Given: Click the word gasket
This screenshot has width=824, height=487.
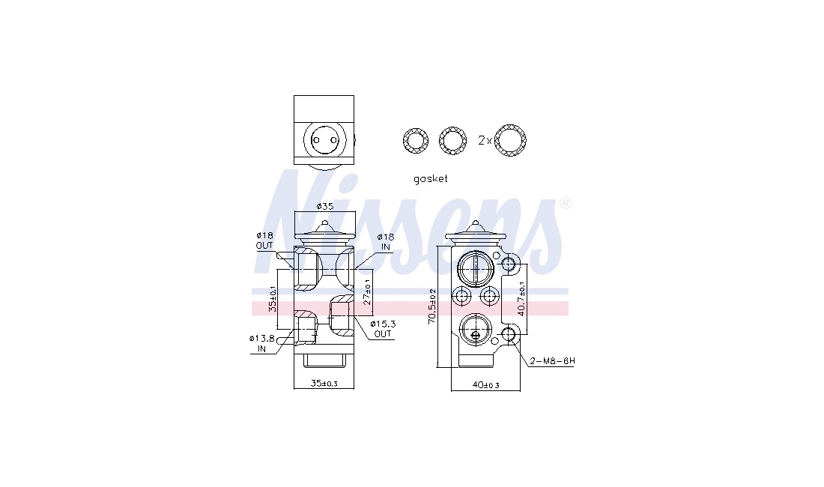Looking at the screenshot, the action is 431,178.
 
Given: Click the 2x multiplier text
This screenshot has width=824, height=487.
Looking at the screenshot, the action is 485,140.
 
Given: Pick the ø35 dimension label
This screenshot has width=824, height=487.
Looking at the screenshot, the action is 325,206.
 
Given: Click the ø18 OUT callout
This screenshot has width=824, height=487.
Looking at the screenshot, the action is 264,241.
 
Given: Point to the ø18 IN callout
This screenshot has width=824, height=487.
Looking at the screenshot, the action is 385,242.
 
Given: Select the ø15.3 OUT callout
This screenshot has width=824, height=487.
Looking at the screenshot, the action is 382,329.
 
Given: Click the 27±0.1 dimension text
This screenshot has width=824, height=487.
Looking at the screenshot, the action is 367,291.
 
